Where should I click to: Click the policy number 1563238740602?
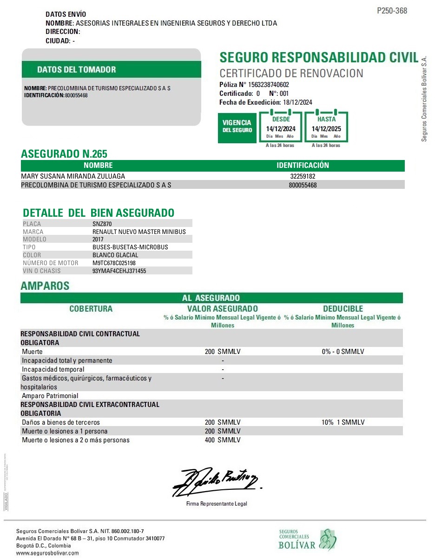click(269, 85)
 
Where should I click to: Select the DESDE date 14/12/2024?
click(281, 129)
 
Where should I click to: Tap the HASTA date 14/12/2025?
click(326, 129)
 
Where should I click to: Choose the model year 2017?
click(99, 239)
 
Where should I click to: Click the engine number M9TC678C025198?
click(114, 263)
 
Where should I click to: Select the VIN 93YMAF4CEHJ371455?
click(119, 271)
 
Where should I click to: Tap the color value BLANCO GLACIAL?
click(115, 255)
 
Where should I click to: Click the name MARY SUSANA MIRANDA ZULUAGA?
click(73, 176)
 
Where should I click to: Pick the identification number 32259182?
click(303, 176)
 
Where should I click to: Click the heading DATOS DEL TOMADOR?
click(77, 70)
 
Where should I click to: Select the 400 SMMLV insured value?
click(223, 440)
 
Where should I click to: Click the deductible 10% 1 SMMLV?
click(343, 422)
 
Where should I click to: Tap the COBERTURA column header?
click(91, 309)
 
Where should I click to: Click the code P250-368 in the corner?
click(392, 11)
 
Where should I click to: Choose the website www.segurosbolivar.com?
click(47, 553)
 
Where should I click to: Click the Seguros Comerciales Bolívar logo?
click(307, 540)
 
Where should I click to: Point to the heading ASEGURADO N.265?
click(64, 154)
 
